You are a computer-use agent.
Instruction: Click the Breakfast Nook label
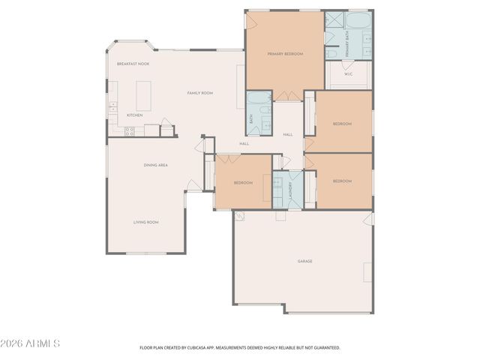[x=133, y=64]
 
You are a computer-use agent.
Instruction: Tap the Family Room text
[x=200, y=92]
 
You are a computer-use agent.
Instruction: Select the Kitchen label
[x=134, y=115]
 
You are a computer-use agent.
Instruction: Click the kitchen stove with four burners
[x=129, y=130]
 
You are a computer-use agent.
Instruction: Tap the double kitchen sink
[x=112, y=108]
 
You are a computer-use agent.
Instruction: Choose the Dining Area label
[x=155, y=164]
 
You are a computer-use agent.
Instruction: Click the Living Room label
[x=146, y=222]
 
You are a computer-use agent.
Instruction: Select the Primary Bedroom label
[x=285, y=54]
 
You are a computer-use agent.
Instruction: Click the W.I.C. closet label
[x=348, y=74]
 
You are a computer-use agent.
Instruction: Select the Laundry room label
[x=288, y=190]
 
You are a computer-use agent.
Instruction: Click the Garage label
[x=304, y=261]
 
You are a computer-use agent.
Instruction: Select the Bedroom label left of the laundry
[x=243, y=183]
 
